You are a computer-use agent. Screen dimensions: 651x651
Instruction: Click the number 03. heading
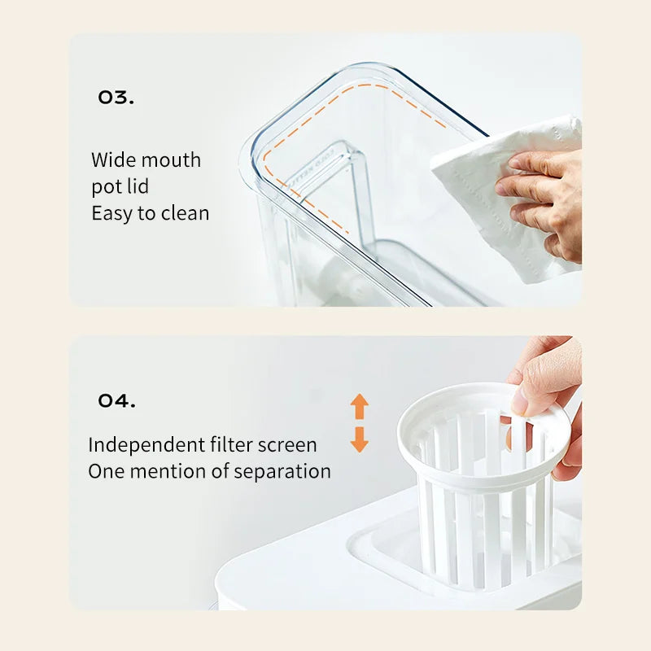(x=116, y=98)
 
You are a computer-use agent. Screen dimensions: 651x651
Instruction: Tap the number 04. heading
(x=116, y=400)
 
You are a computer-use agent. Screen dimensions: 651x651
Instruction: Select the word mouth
(x=169, y=159)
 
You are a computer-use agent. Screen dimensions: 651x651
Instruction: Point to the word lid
(x=138, y=186)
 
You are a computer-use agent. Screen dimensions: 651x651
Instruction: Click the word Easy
(x=111, y=214)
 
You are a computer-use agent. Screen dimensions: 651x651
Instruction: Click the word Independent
(x=146, y=445)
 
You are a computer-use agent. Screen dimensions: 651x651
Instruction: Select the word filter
(x=231, y=444)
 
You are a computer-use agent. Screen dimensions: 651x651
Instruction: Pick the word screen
(x=287, y=445)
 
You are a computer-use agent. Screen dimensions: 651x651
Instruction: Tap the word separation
(x=282, y=472)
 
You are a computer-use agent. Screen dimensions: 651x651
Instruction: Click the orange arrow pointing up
(x=360, y=406)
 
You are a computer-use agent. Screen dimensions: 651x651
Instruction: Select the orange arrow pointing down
(x=360, y=439)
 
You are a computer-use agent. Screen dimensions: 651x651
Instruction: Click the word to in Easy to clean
(x=146, y=214)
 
